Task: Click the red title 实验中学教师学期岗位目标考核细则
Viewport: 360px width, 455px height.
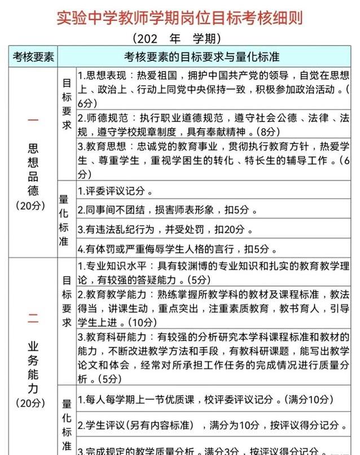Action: coord(180,17)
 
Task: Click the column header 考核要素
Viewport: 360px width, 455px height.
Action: coord(33,57)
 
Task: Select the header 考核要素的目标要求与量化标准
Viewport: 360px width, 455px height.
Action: coord(201,57)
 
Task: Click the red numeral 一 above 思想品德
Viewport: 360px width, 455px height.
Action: coord(33,120)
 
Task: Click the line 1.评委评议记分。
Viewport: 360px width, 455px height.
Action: coord(115,190)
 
